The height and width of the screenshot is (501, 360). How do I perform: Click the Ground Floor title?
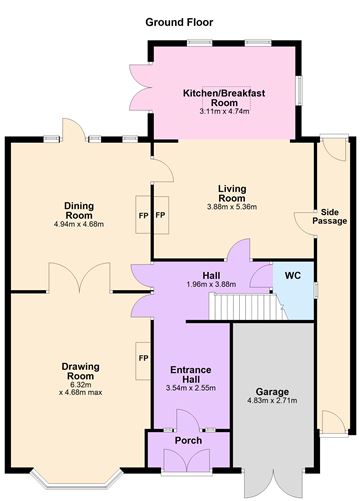pos(179,21)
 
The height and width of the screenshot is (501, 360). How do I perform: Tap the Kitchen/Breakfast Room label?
pos(223,97)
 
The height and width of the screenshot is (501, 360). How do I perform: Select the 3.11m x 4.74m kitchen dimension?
pos(223,111)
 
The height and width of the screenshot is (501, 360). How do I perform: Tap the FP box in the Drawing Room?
pos(143,357)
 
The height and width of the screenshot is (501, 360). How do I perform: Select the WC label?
pos(293,275)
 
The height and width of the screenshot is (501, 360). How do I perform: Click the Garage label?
pos(272,392)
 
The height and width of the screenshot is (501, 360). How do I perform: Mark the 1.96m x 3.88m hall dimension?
pos(211,285)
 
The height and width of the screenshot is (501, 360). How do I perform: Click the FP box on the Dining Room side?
pos(143,215)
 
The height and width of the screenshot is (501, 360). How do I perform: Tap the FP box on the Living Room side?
pos(160,215)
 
